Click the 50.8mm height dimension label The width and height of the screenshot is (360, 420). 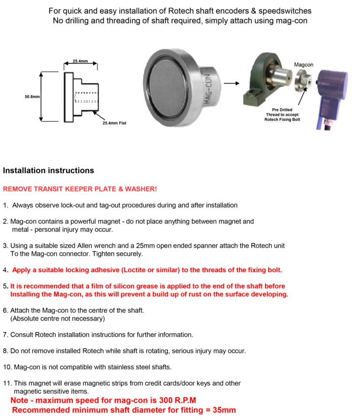(x=32, y=97)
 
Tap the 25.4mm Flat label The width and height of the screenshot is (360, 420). (x=114, y=123)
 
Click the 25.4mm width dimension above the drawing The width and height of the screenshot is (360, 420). (x=80, y=61)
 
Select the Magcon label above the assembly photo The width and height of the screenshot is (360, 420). (x=303, y=64)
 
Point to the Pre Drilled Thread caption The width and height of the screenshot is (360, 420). (x=282, y=115)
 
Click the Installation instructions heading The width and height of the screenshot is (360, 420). (x=48, y=170)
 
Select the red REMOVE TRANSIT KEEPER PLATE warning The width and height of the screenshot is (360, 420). (x=80, y=189)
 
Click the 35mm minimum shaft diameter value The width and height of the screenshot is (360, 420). (x=223, y=410)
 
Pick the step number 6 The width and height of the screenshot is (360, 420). (x=5, y=311)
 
